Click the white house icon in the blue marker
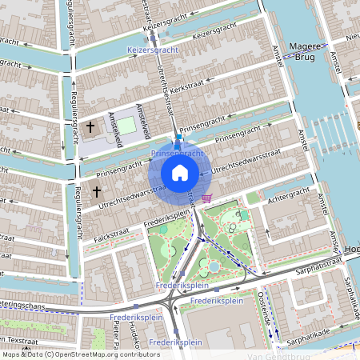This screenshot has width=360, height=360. [x=180, y=173]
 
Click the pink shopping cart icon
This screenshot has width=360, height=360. [x=207, y=198]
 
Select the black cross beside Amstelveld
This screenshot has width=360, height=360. [x=90, y=127]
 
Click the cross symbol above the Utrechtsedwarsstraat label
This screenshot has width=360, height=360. [x=97, y=192]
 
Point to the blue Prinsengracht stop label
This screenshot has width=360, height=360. [x=177, y=152]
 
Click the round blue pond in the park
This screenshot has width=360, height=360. [x=214, y=266]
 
